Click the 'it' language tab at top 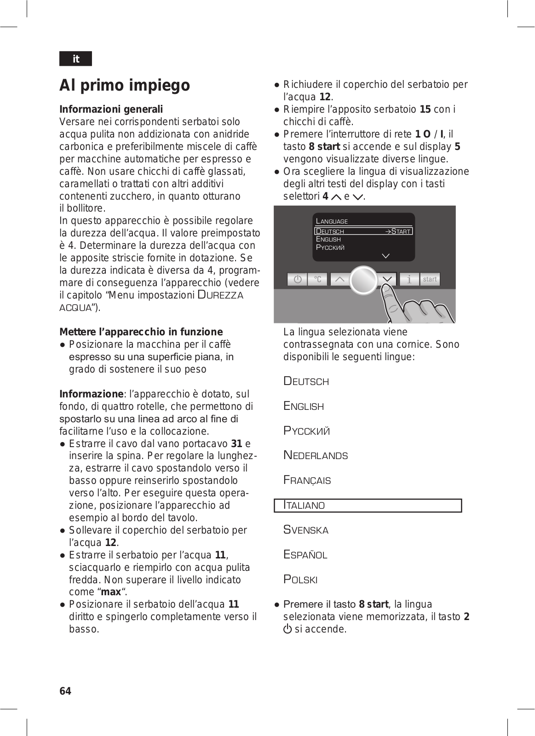75,59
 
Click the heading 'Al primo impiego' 125,86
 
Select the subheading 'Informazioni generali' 111,109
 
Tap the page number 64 65,691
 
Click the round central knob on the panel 363,280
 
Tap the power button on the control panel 297,279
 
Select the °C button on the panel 318,279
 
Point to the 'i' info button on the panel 409,279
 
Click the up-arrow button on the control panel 339,279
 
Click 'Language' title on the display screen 332,221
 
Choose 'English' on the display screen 328,239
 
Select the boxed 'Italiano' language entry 368,506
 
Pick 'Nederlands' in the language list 316,456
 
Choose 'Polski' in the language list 300,580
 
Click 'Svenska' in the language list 306,530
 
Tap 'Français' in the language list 307,481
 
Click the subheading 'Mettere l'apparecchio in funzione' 141,332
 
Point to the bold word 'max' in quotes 111,592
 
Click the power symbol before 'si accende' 288,629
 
